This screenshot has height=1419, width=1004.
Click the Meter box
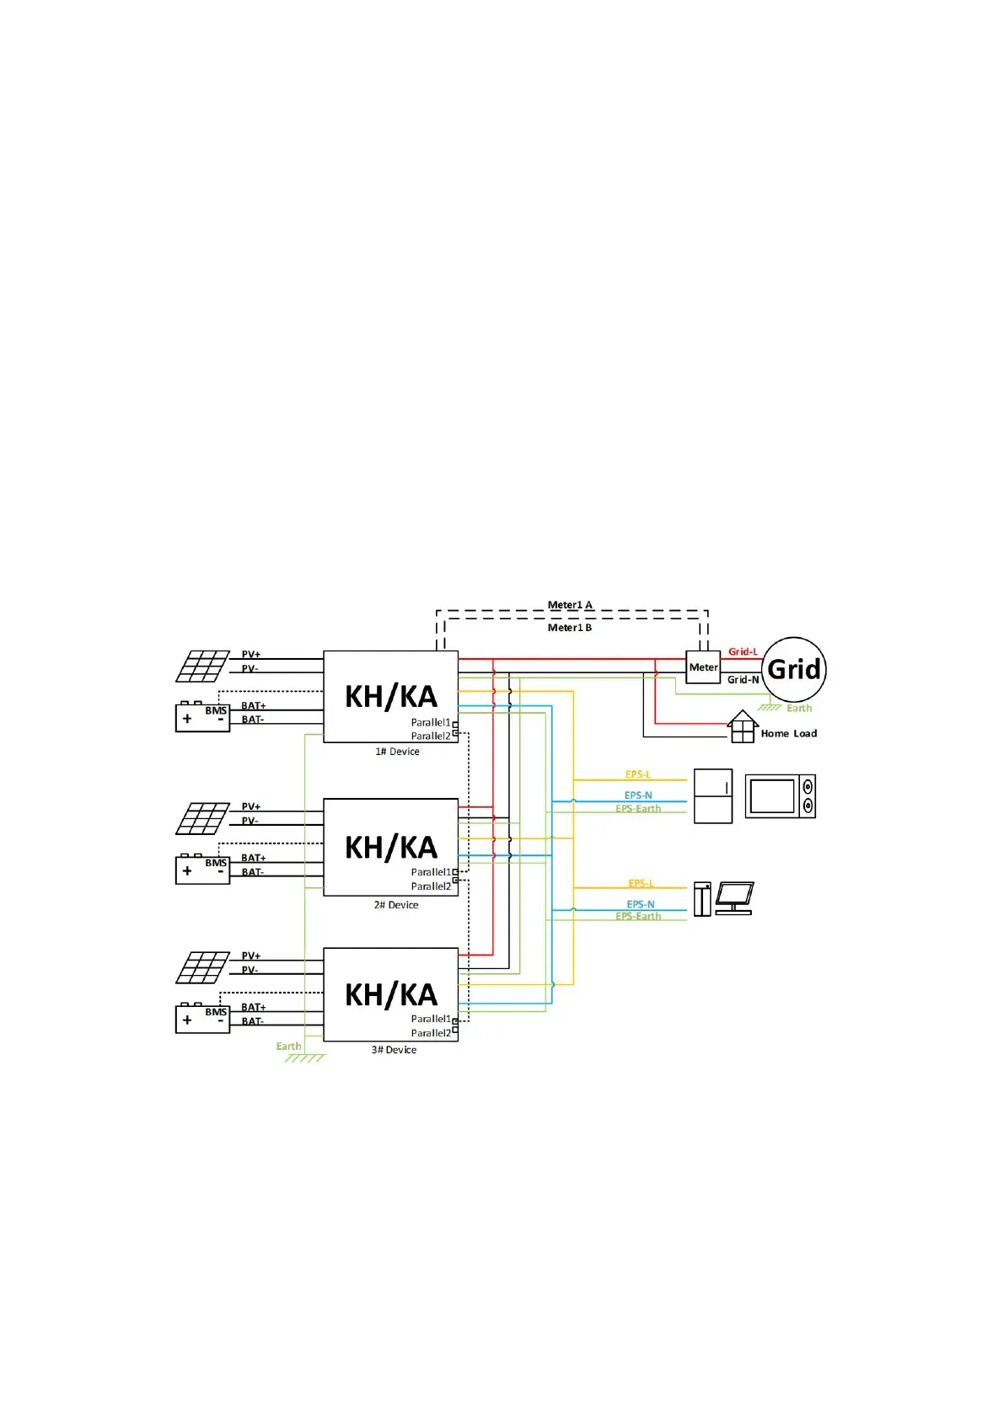tap(703, 667)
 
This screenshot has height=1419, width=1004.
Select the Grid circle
tap(794, 670)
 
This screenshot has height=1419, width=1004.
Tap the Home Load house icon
tap(742, 727)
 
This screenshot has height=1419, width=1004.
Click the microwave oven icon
tap(781, 796)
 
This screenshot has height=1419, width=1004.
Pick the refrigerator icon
tap(713, 796)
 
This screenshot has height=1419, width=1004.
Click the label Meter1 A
tap(570, 605)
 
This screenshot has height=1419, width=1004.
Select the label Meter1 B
tap(570, 628)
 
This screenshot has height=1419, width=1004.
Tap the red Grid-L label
tap(743, 651)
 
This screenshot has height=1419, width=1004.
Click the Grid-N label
tap(743, 680)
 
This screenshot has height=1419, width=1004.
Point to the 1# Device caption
tap(397, 752)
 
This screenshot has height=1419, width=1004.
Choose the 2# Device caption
tap(396, 905)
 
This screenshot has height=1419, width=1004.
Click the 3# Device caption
tap(394, 1050)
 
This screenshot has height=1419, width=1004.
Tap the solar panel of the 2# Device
tap(202, 818)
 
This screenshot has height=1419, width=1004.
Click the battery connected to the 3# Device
tap(202, 1019)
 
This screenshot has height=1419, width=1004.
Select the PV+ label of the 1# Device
tap(251, 654)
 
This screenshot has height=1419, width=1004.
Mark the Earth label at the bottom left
tap(288, 1047)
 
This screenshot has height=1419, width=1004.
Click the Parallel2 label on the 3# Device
tap(431, 1033)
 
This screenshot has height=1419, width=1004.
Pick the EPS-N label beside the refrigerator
tap(638, 795)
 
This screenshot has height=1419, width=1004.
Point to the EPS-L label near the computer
tap(641, 884)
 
